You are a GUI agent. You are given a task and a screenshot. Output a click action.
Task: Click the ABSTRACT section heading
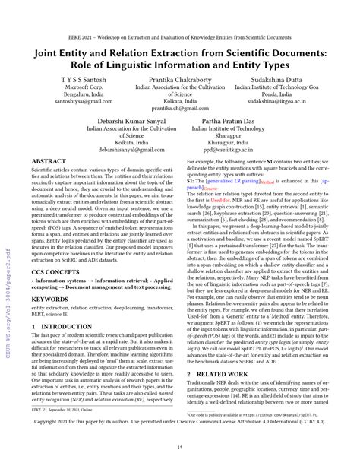click(x=51, y=161)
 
